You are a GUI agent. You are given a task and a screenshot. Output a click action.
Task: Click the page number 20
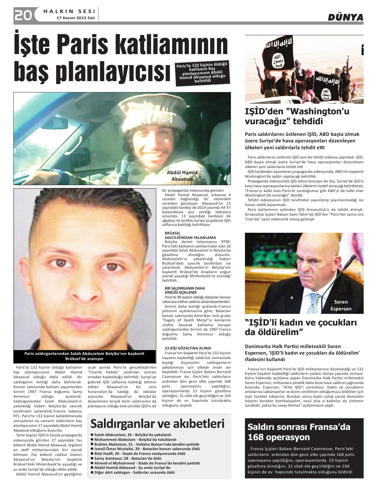tap(23, 15)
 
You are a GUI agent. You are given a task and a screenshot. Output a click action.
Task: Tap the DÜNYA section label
tap(345, 17)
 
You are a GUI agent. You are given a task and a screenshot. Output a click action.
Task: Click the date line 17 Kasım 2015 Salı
tap(76, 18)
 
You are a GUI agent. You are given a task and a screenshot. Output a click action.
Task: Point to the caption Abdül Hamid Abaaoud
tap(182, 176)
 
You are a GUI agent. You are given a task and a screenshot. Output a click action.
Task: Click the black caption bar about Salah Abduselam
tap(84, 356)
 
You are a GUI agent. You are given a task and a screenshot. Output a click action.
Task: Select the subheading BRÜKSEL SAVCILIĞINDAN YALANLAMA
tap(190, 235)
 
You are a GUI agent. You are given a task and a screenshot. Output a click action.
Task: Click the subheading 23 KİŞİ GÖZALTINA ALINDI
tap(188, 348)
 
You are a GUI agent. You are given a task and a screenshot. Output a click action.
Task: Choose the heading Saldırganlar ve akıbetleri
tap(157, 423)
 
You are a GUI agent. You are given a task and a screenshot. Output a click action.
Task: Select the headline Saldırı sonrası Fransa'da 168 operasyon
tap(299, 432)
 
